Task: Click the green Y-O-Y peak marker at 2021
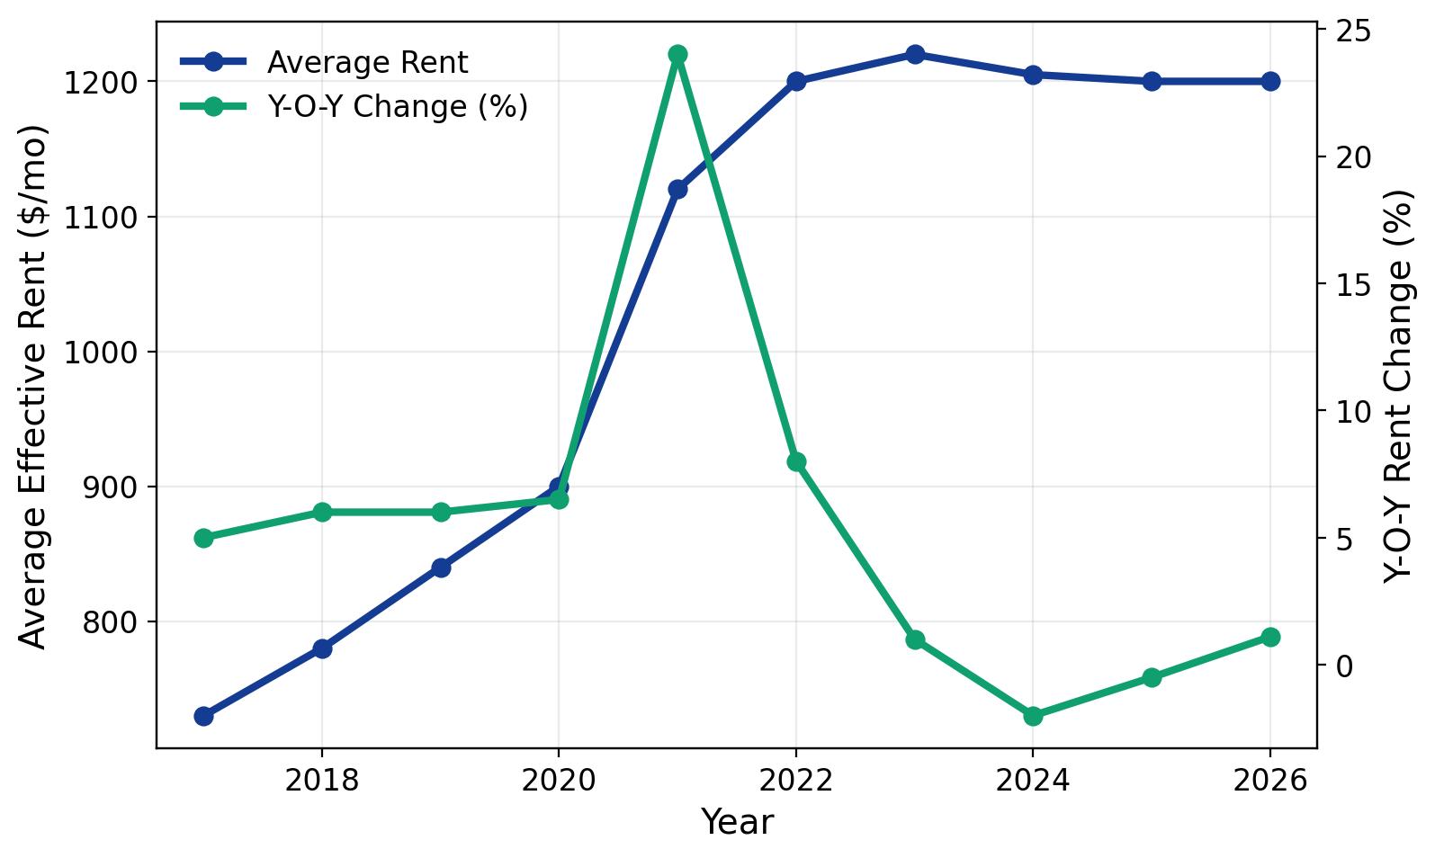(677, 54)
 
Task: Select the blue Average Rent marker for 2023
(915, 54)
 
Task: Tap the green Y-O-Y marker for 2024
(1033, 716)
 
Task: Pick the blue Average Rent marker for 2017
(203, 716)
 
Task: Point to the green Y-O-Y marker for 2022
(796, 461)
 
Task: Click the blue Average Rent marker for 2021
(677, 189)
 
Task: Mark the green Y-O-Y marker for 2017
(203, 538)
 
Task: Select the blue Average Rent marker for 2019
(441, 568)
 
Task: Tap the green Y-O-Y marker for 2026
(1270, 637)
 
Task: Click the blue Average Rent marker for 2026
(1270, 81)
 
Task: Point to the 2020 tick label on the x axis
(559, 780)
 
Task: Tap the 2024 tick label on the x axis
(1033, 780)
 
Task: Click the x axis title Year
(737, 822)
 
